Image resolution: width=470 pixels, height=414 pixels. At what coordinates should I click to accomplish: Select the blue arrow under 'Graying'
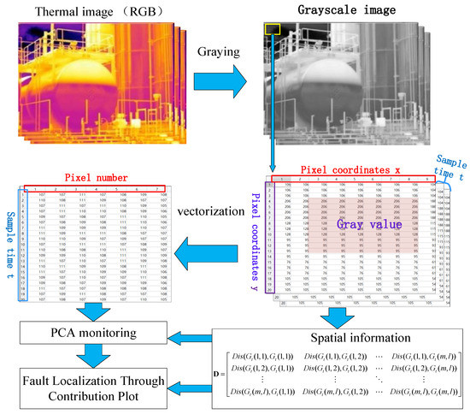[218, 84]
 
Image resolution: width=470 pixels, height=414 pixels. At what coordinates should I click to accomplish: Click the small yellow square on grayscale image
[273, 30]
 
